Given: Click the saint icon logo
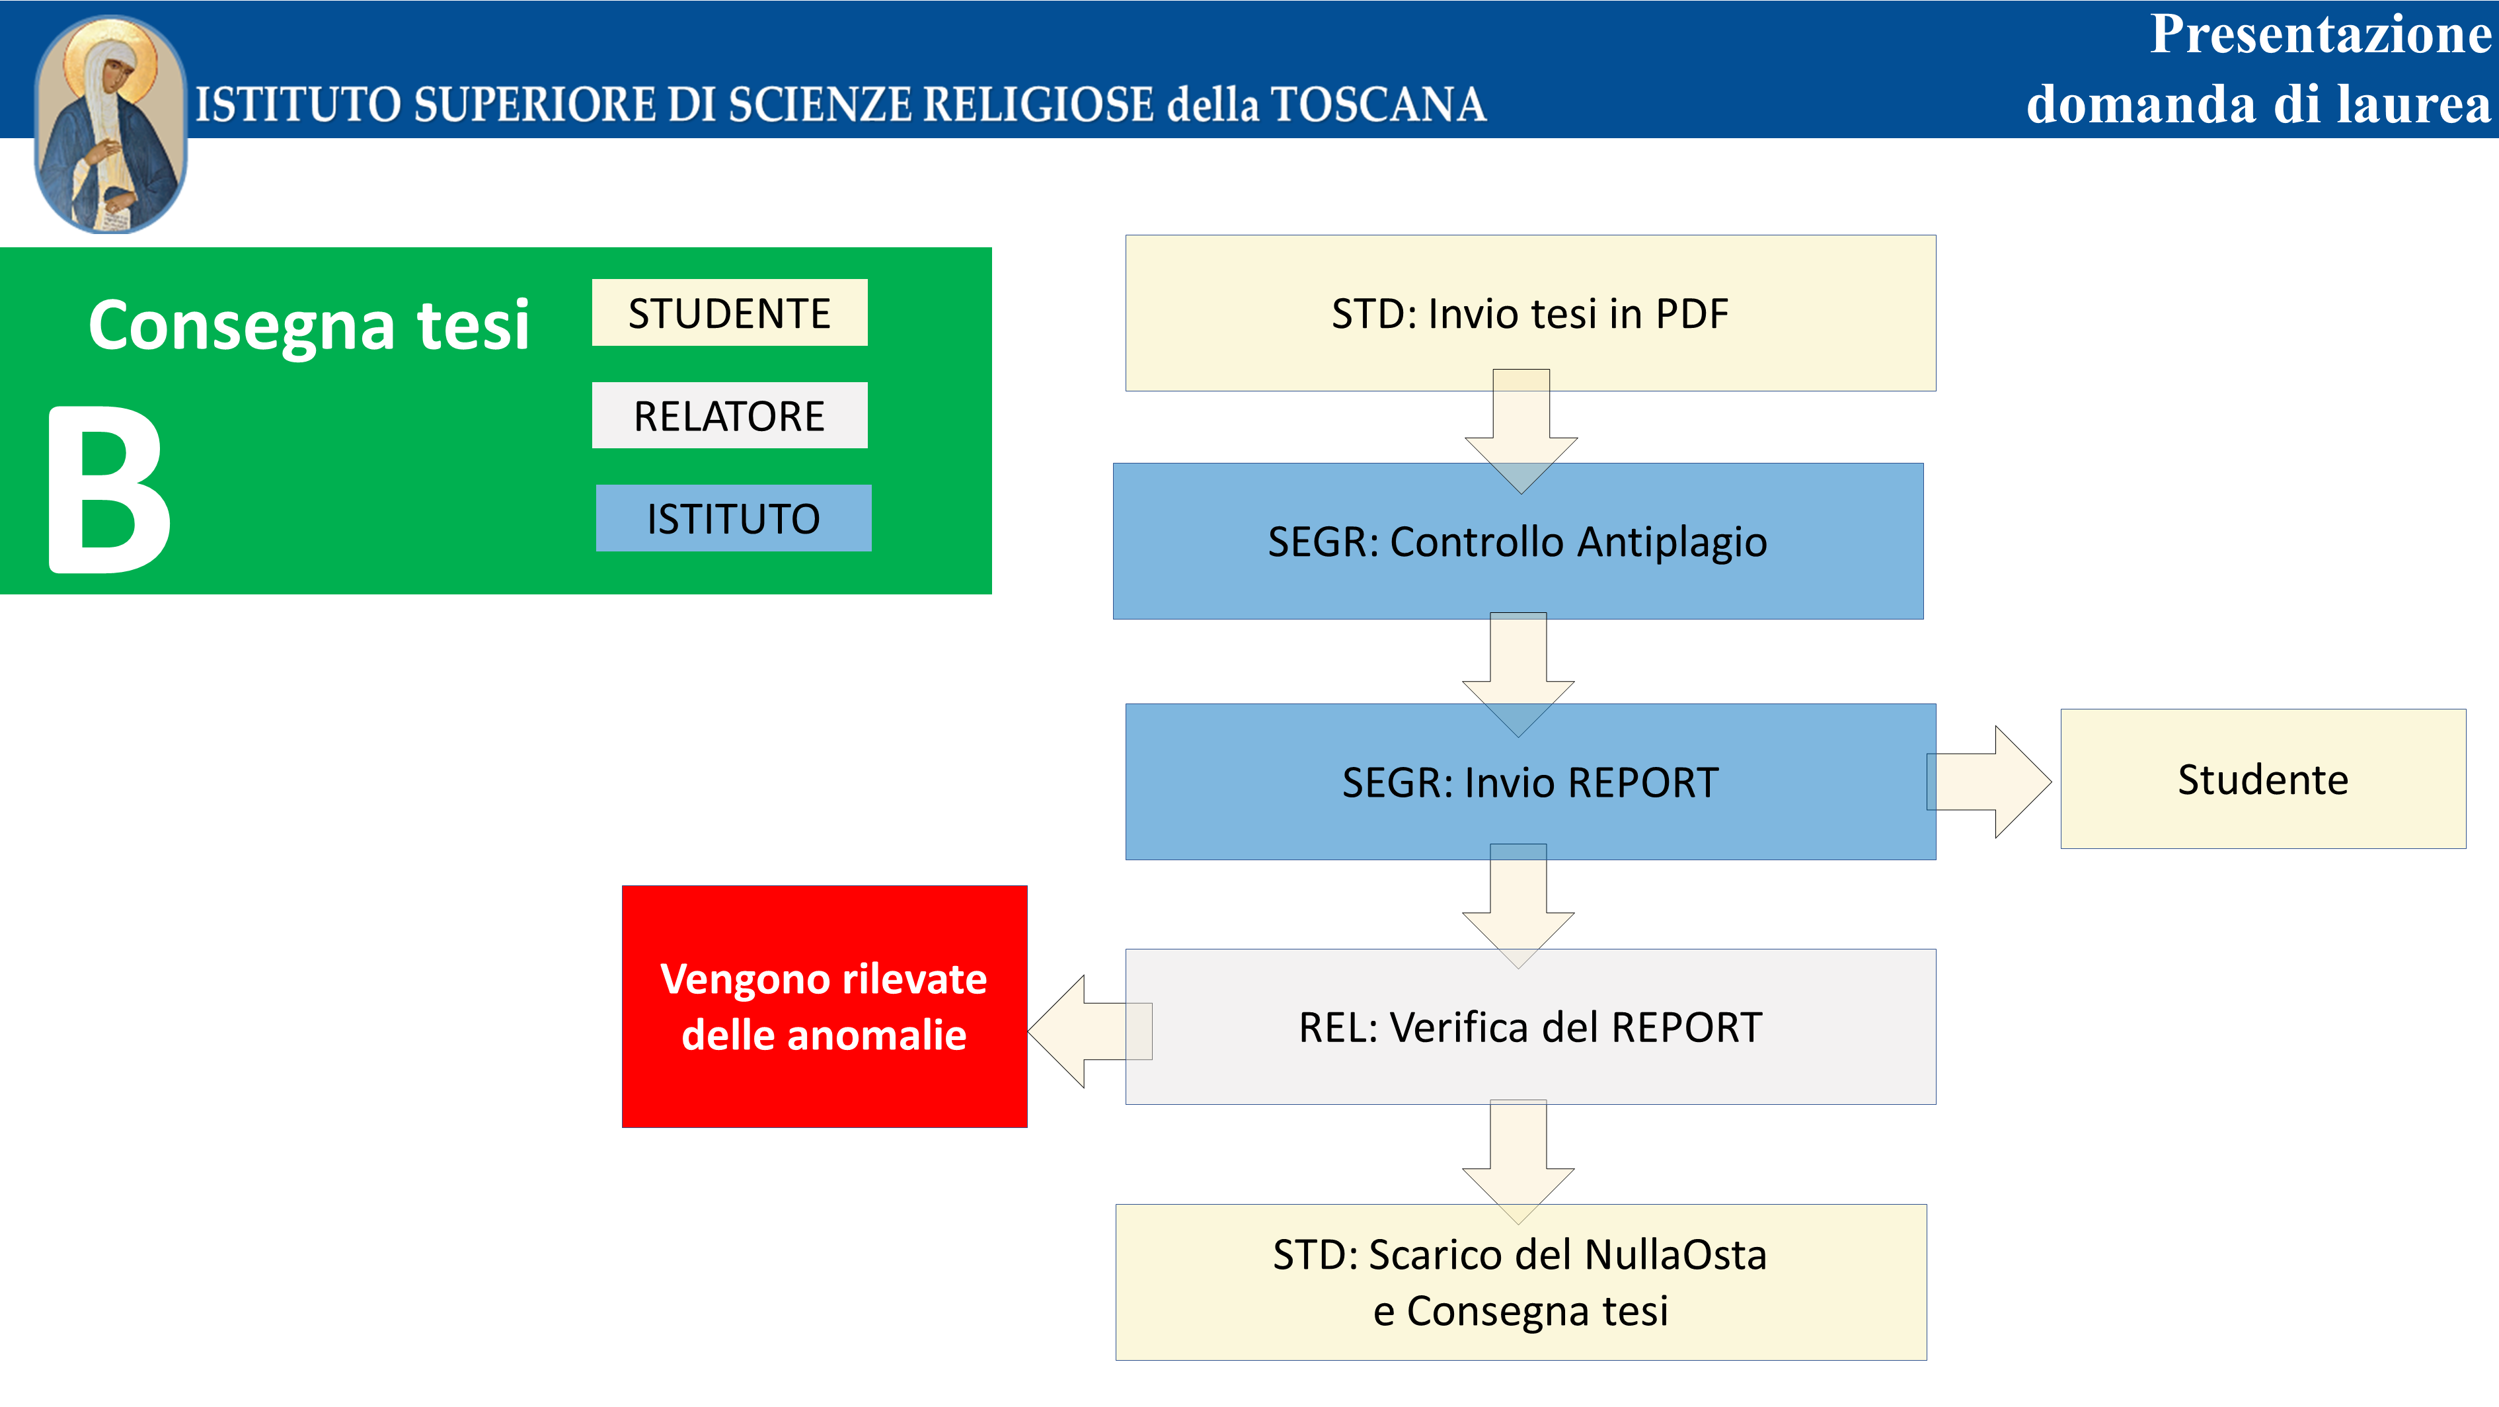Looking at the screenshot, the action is coord(110,124).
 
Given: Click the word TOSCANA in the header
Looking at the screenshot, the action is coord(1379,104).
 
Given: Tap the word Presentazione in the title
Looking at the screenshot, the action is coord(2321,35).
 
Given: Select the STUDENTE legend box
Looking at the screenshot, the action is coord(730,313).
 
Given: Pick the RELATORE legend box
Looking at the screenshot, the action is coord(730,415).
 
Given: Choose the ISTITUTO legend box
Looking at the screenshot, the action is coord(734,518).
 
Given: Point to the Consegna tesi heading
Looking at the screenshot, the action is coord(309,326).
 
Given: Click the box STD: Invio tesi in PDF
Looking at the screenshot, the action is coord(1531,313).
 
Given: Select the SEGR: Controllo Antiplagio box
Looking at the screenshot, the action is coord(1518,542).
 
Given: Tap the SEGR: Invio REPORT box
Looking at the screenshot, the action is coord(1531,782).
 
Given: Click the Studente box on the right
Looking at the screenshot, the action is coord(2263,779).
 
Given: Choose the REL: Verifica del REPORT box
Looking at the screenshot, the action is coord(1531,1027).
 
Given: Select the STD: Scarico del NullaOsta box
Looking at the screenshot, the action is coord(1521,1283).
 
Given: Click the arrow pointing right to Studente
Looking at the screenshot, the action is coord(1989,782).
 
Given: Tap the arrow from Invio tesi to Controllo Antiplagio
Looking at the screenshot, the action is coord(1521,432).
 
